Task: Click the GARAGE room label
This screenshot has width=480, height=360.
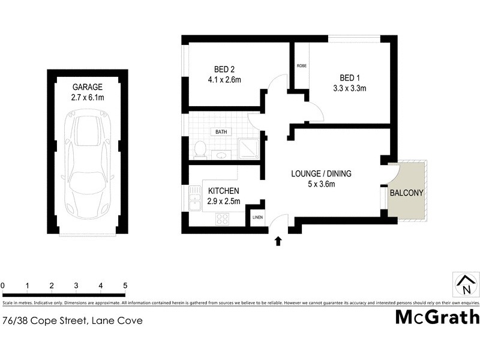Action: pos(88,86)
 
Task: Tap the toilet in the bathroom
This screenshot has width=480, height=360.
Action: pos(200,149)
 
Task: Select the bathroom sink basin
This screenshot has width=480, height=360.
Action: pos(220,154)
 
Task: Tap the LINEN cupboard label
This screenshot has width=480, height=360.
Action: pos(257,217)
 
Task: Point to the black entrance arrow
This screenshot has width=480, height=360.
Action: pos(278,241)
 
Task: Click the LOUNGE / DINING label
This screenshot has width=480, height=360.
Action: pos(321,174)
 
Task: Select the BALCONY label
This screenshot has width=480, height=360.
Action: pos(406,193)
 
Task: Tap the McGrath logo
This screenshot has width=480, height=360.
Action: pos(437,317)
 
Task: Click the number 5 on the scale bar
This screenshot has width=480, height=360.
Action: pos(125,286)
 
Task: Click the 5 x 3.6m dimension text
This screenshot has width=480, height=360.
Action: pos(321,184)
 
